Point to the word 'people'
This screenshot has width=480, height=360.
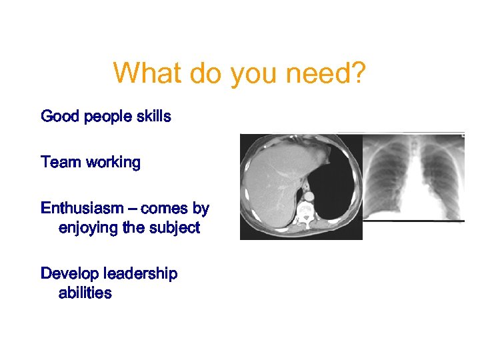click(106, 117)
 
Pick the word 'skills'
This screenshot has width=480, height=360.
click(153, 117)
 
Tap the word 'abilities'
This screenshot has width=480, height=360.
click(85, 293)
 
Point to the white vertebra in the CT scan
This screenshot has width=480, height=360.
click(306, 212)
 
